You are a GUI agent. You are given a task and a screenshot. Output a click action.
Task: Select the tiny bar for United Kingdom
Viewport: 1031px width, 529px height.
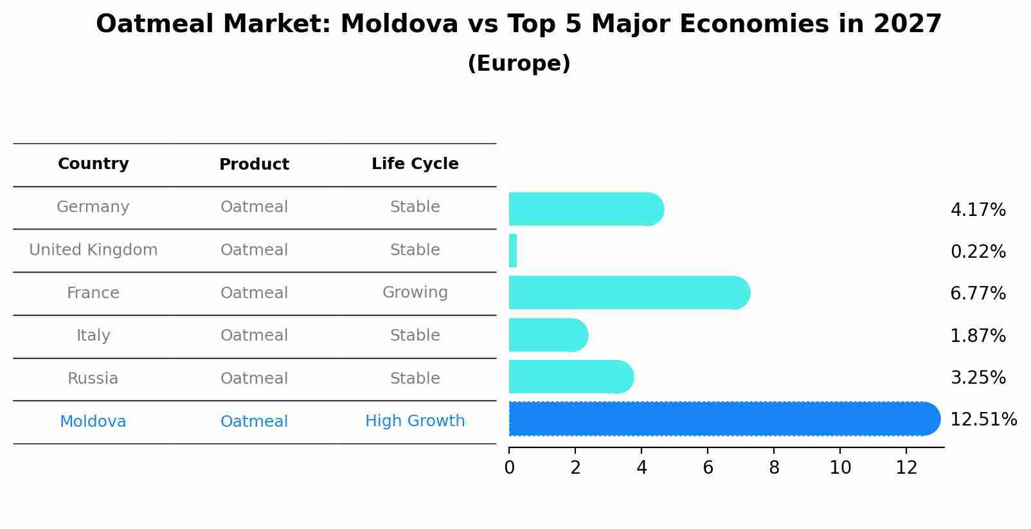click(x=513, y=251)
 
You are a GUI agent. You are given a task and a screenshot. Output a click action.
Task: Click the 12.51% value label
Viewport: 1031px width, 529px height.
click(x=983, y=420)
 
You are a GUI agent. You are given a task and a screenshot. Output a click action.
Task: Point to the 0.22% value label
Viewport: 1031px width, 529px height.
click(x=978, y=252)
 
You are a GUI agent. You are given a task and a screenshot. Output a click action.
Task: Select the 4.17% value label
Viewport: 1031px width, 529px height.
click(x=978, y=210)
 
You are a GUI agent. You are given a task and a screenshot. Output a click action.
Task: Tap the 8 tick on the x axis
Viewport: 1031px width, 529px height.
click(x=774, y=468)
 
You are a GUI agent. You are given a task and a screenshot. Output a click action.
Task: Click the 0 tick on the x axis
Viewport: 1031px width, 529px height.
click(x=509, y=468)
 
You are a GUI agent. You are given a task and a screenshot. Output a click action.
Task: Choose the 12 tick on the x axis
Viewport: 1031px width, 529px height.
click(x=906, y=468)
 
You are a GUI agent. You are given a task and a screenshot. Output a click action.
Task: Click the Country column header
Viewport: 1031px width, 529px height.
click(x=93, y=164)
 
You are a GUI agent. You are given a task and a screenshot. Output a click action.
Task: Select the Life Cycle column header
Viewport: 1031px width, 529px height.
click(x=415, y=164)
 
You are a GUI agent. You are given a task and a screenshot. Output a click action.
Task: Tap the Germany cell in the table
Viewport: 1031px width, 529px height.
click(x=93, y=207)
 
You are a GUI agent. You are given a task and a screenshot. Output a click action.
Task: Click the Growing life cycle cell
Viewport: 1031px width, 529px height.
click(x=415, y=292)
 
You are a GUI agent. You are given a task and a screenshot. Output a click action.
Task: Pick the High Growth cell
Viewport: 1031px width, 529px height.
click(x=415, y=421)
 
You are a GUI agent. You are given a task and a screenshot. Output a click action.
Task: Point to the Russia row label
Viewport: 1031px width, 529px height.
click(x=93, y=379)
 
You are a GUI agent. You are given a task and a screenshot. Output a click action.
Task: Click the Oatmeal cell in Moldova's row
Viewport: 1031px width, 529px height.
click(x=254, y=422)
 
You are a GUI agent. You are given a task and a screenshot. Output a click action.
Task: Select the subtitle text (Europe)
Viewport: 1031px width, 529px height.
click(x=519, y=64)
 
